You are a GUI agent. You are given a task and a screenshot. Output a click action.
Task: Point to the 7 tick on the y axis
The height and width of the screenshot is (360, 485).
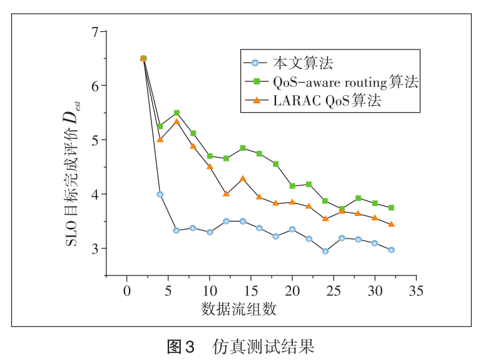click(x=96, y=31)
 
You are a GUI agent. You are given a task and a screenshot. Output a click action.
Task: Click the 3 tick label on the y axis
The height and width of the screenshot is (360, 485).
click(x=96, y=249)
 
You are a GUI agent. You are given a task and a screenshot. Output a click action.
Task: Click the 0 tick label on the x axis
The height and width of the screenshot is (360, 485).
click(x=126, y=291)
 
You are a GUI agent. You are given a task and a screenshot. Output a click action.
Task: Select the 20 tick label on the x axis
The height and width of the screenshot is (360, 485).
click(x=292, y=291)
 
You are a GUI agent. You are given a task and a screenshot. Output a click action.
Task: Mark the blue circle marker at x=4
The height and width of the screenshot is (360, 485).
click(x=160, y=194)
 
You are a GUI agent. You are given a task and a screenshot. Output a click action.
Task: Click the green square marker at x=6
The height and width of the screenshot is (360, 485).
click(x=176, y=113)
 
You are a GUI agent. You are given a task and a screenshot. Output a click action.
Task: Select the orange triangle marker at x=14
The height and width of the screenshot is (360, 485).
click(x=243, y=179)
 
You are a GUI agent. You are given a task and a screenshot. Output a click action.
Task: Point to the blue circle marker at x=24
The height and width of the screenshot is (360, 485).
click(x=325, y=251)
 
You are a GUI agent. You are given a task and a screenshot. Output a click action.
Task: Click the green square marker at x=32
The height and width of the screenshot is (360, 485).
click(x=392, y=208)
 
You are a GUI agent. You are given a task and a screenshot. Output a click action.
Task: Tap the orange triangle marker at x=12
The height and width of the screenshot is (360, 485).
click(x=227, y=194)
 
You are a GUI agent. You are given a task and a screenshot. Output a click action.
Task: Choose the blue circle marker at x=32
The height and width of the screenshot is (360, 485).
click(x=392, y=250)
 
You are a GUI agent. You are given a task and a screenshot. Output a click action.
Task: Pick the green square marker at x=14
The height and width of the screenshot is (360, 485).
click(x=243, y=148)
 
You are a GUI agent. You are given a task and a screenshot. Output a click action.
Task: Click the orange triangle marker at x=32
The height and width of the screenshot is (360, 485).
click(x=392, y=224)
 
